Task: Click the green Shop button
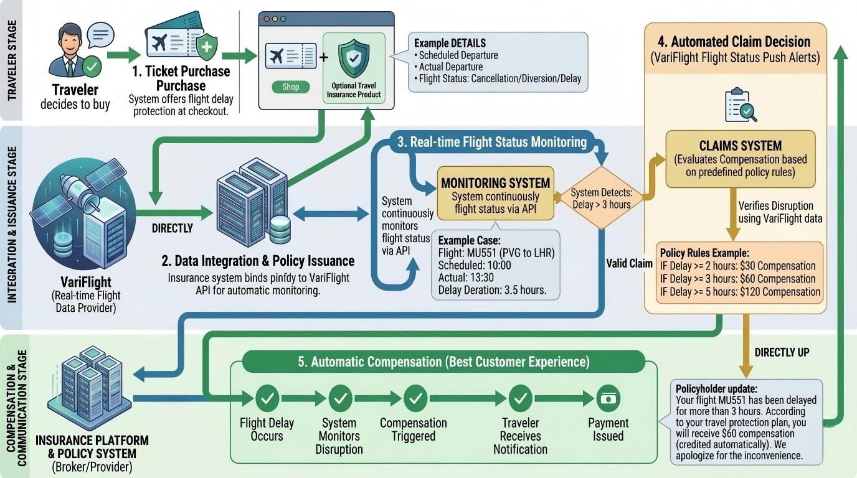coord(291,87)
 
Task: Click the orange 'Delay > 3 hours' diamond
coord(601,199)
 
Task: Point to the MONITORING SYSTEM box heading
coord(495,183)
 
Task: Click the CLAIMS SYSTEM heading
coord(740,146)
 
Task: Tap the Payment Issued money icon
coord(608,397)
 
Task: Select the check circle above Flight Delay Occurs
coord(267,397)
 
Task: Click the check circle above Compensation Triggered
coord(414,397)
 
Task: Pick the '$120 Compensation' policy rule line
coord(741,292)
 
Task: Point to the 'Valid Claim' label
coord(629,263)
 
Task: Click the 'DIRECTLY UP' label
coord(782,352)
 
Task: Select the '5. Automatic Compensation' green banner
coord(443,362)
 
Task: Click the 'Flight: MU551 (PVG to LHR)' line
coord(496,253)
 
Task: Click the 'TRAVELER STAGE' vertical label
coord(12,60)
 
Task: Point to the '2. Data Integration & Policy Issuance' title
coord(258,261)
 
